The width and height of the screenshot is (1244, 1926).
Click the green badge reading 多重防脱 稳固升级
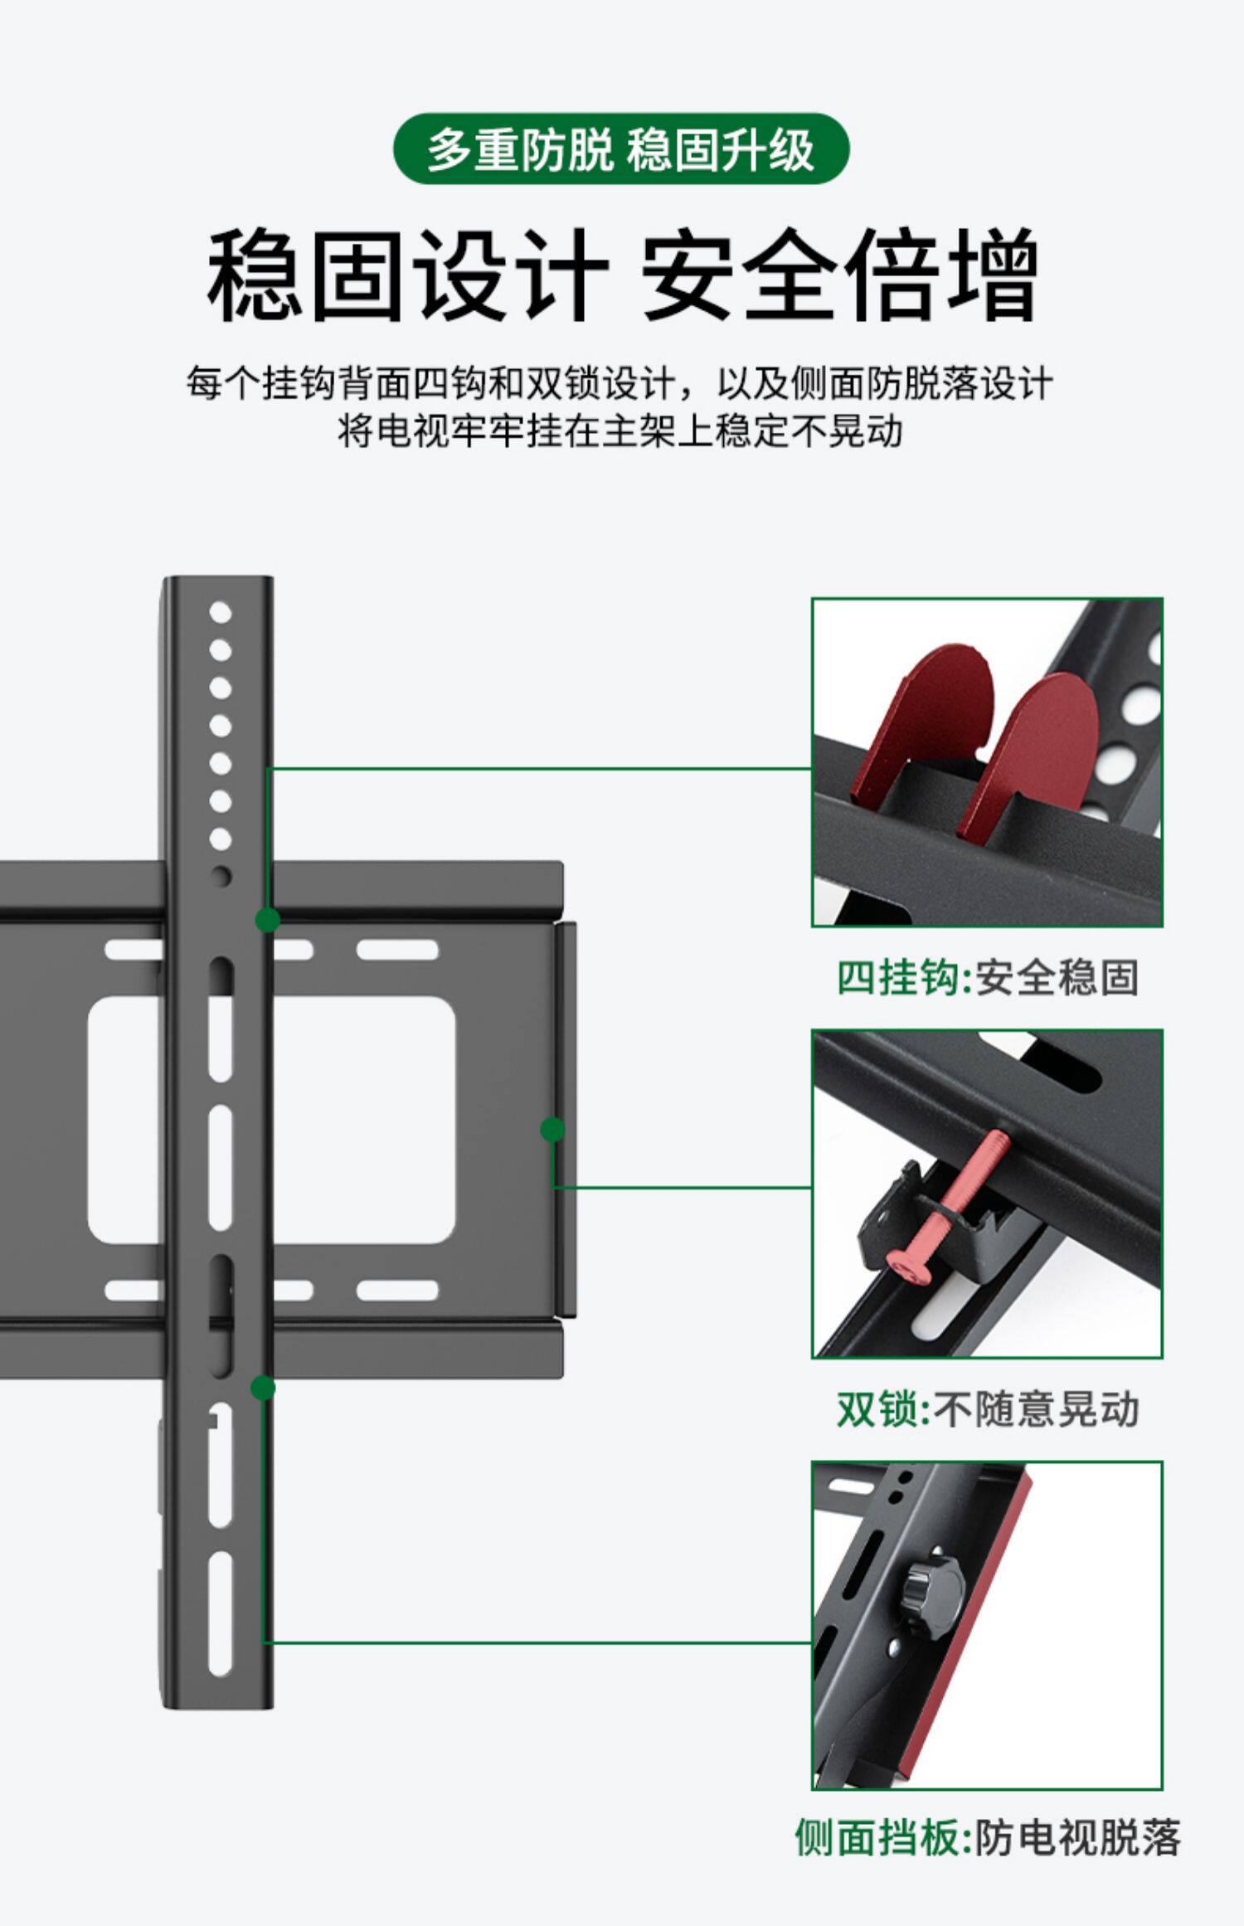(x=620, y=149)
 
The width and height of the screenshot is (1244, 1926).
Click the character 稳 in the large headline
(x=254, y=275)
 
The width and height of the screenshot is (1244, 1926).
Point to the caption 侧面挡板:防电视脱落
(x=987, y=1837)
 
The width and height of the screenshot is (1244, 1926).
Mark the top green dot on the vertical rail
(x=267, y=919)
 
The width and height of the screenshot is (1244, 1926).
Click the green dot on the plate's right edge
(x=552, y=1129)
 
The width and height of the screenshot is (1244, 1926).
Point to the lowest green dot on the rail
(x=263, y=1388)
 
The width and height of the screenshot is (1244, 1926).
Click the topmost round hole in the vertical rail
(x=220, y=613)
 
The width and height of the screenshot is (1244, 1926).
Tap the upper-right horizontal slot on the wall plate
(x=397, y=950)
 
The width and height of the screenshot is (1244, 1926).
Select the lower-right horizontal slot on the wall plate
(x=397, y=1290)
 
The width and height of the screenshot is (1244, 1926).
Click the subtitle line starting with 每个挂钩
(x=620, y=384)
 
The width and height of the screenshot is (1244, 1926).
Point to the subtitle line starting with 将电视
(x=620, y=431)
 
